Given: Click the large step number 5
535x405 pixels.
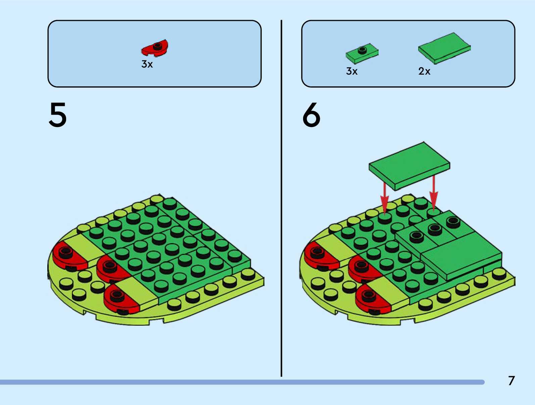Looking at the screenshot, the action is (58, 115).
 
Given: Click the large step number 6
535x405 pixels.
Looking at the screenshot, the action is (311, 115).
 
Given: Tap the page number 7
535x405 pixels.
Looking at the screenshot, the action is (511, 380).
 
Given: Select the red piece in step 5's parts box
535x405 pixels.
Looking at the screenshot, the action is (155, 48).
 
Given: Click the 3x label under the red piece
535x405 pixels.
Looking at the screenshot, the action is (147, 64).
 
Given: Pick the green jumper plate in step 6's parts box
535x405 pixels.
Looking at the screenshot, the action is (362, 53).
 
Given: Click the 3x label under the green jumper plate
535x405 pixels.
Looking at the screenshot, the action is (352, 71).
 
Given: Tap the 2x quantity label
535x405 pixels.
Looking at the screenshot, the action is (424, 71).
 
